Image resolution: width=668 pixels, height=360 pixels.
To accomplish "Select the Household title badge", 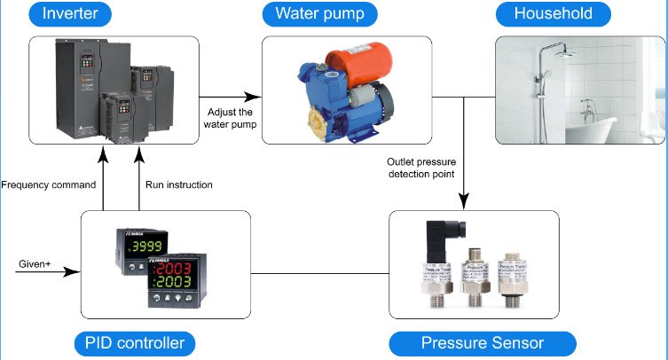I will [554, 14].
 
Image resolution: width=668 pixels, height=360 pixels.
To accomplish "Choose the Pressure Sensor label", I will [483, 343].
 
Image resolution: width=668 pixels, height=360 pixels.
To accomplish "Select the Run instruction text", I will [178, 185].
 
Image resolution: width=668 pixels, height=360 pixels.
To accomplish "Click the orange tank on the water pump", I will [353, 66].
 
